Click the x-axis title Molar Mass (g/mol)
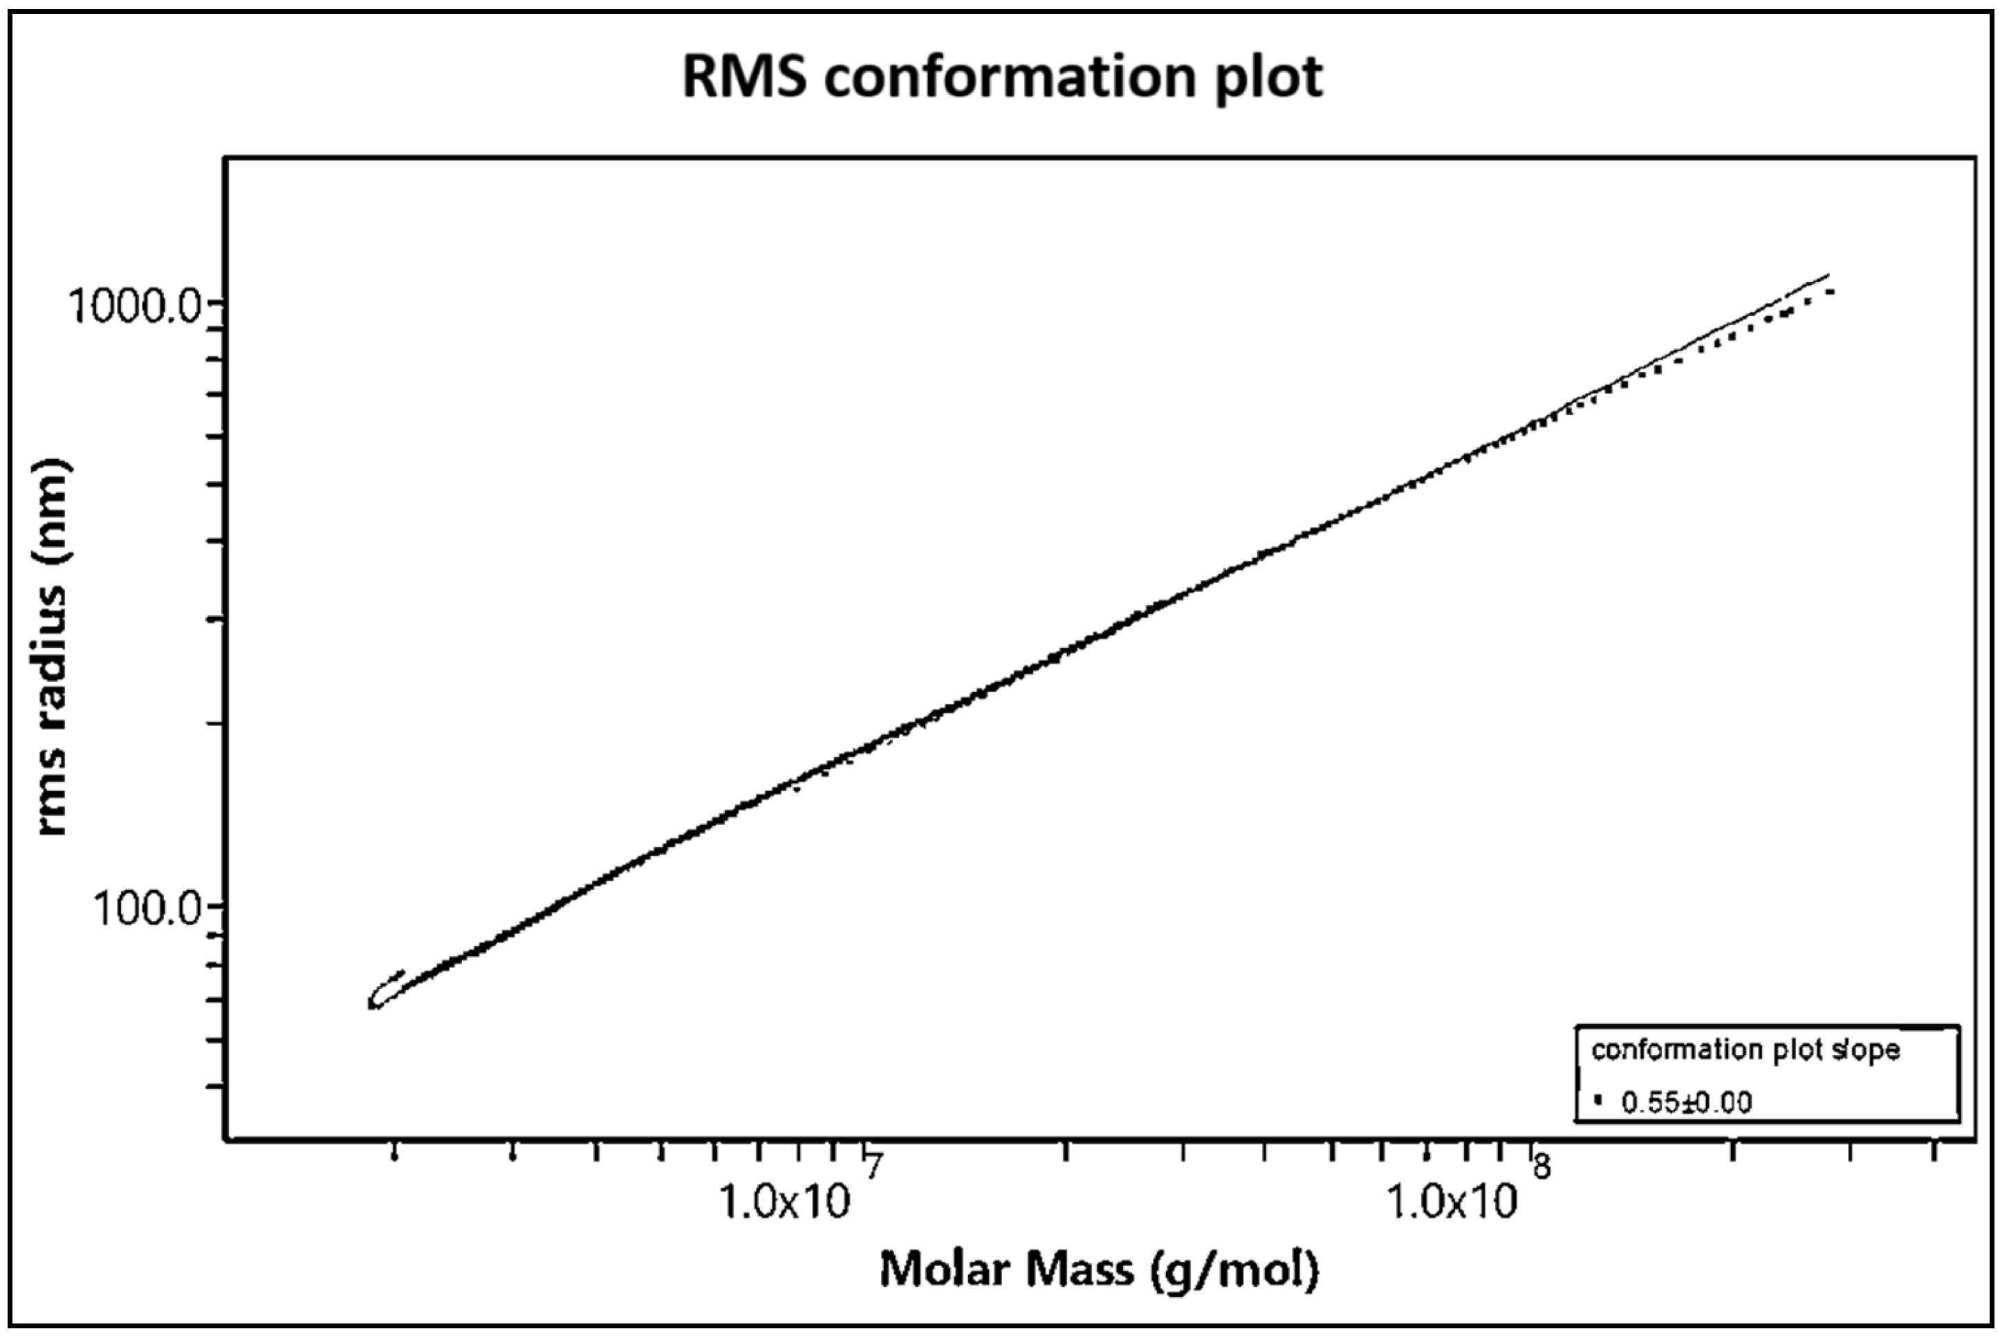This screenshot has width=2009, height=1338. [1098, 1269]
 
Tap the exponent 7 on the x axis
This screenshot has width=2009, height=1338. [871, 1164]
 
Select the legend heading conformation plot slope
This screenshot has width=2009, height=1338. [1746, 1050]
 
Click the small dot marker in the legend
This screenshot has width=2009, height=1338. [1597, 1098]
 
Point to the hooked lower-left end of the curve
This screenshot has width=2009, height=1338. [376, 1000]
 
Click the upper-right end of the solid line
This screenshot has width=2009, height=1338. [1826, 275]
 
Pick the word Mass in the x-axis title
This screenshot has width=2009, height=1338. [1080, 1268]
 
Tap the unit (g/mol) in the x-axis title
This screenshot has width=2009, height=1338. [1234, 1270]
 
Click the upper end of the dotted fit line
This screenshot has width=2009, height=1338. [1831, 292]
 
